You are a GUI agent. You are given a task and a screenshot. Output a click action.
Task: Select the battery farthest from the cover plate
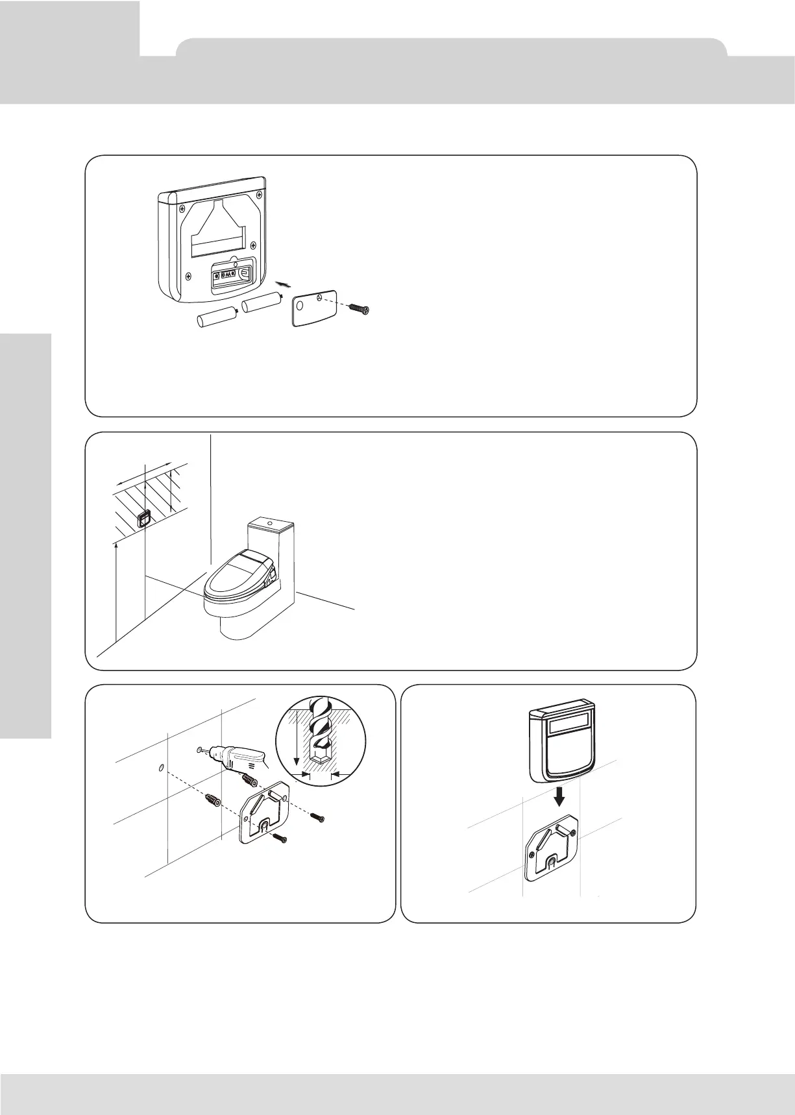click(x=215, y=319)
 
